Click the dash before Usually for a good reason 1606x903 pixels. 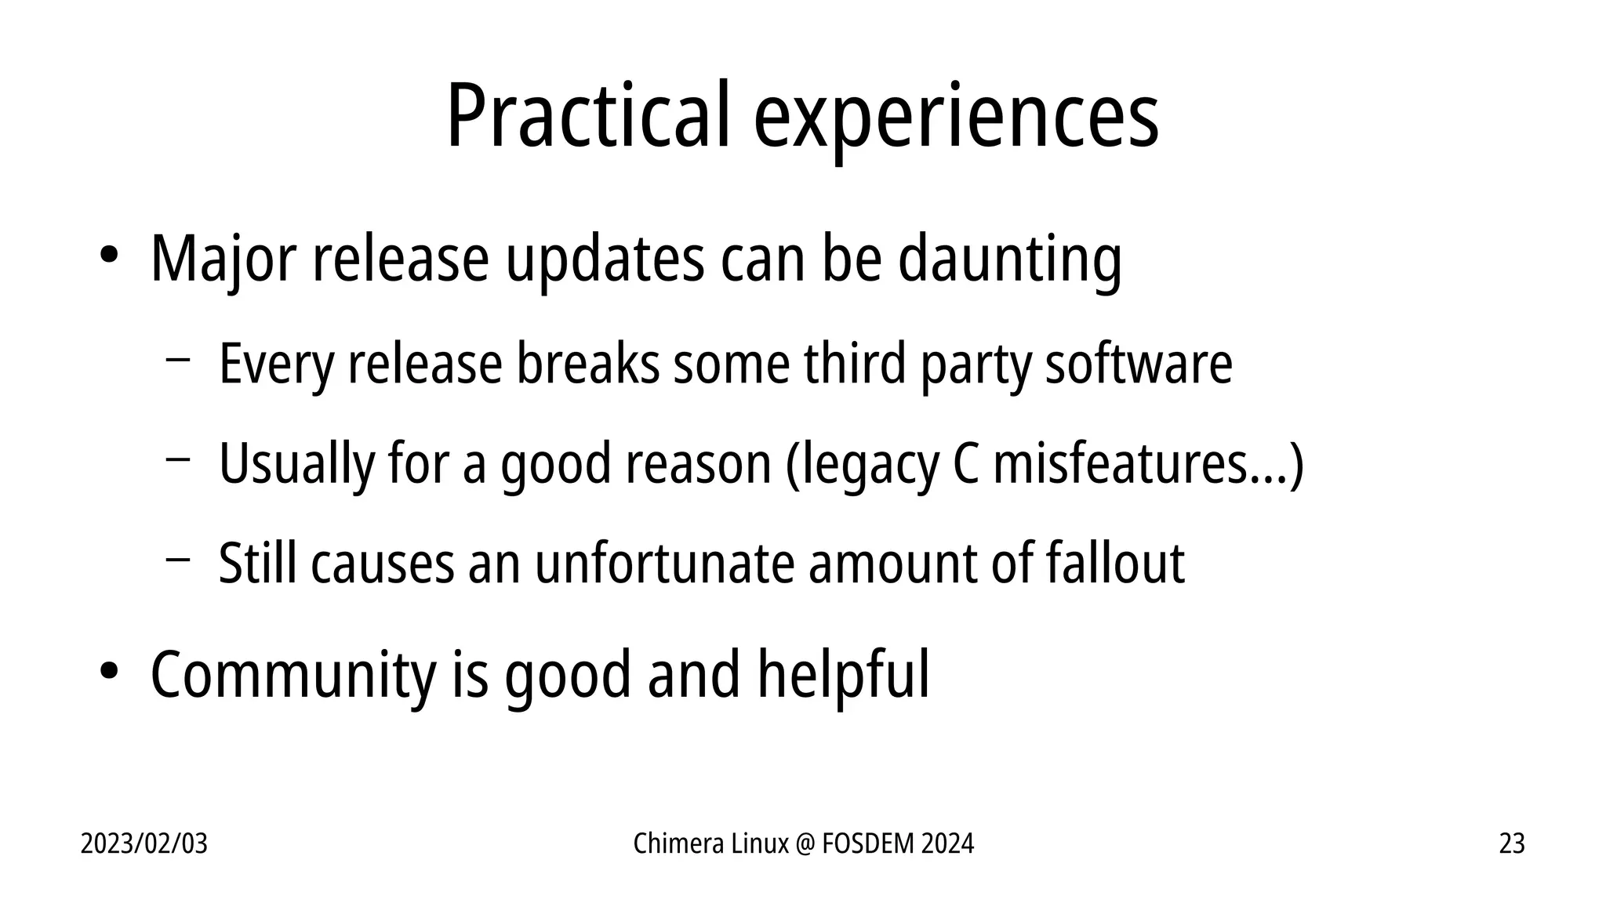tap(178, 459)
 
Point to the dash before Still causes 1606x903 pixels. tap(178, 559)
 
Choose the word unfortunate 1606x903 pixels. tap(664, 563)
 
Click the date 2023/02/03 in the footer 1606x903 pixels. tap(144, 843)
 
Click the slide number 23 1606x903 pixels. tap(1511, 843)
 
